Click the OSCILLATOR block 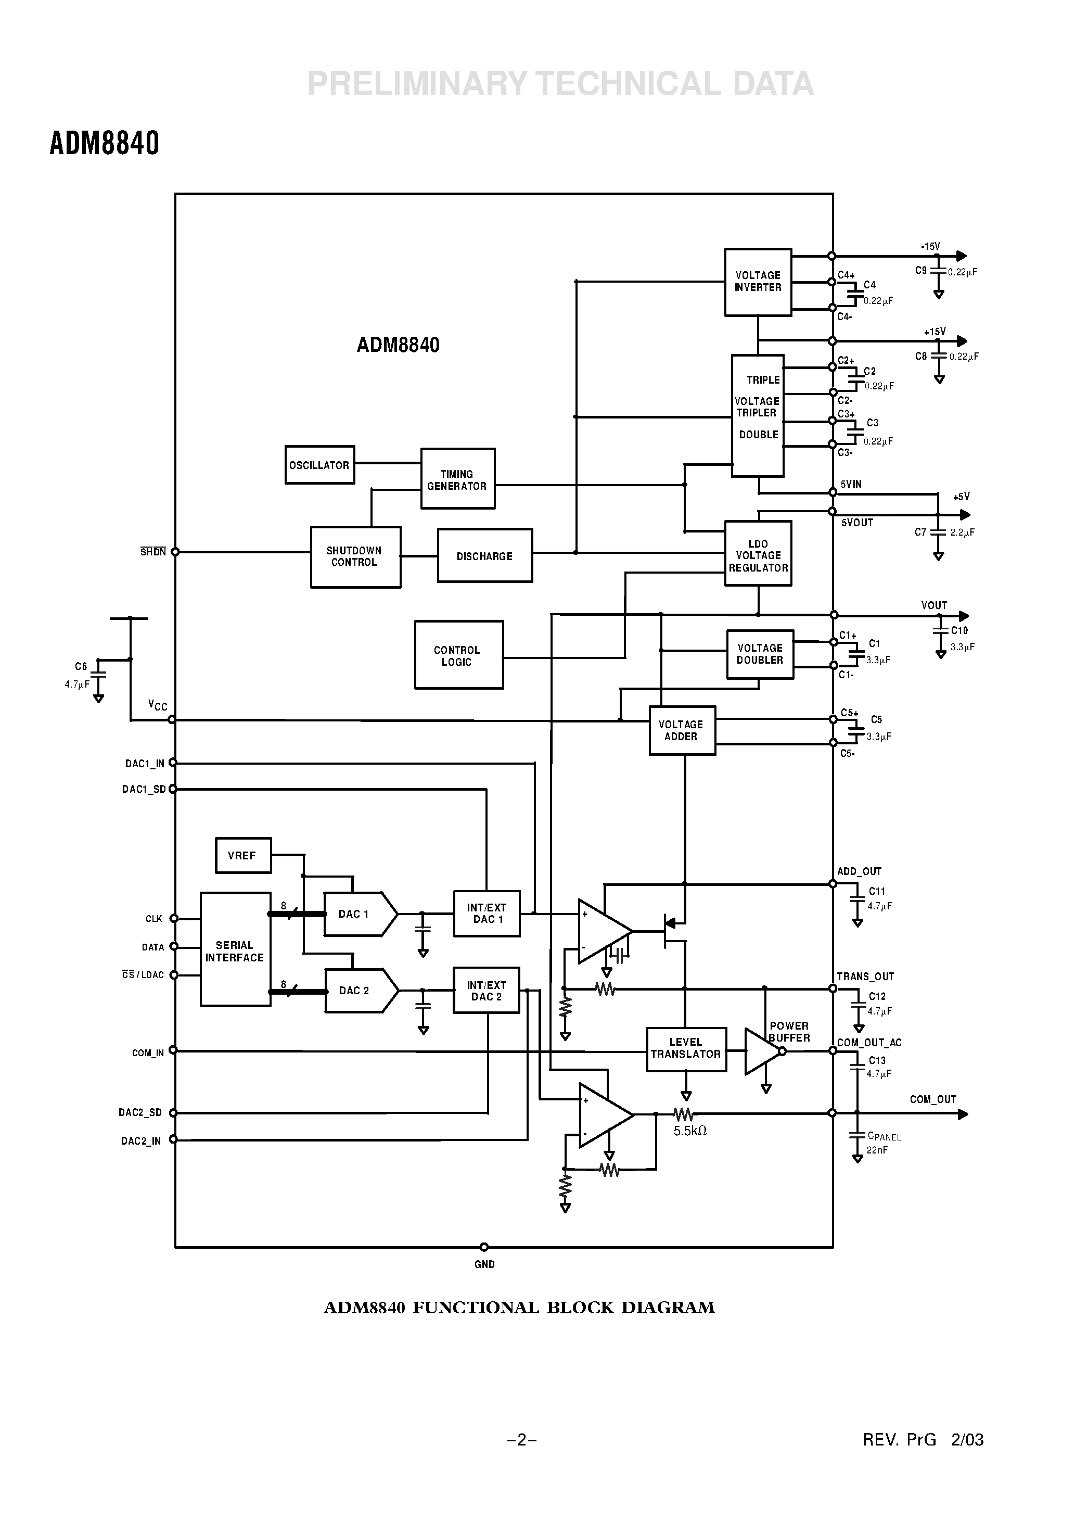pyautogui.click(x=319, y=465)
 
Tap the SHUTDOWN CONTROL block pyautogui.click(x=355, y=557)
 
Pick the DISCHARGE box pyautogui.click(x=484, y=556)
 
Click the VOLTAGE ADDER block pyautogui.click(x=681, y=730)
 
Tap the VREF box pyautogui.click(x=242, y=856)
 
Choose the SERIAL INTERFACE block pyautogui.click(x=235, y=950)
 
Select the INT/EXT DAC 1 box pyautogui.click(x=487, y=914)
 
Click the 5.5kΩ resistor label pyautogui.click(x=690, y=1132)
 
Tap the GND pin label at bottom pyautogui.click(x=484, y=1264)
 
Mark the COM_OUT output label pyautogui.click(x=932, y=1099)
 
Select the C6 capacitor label pyautogui.click(x=81, y=666)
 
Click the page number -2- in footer pyautogui.click(x=521, y=1440)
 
